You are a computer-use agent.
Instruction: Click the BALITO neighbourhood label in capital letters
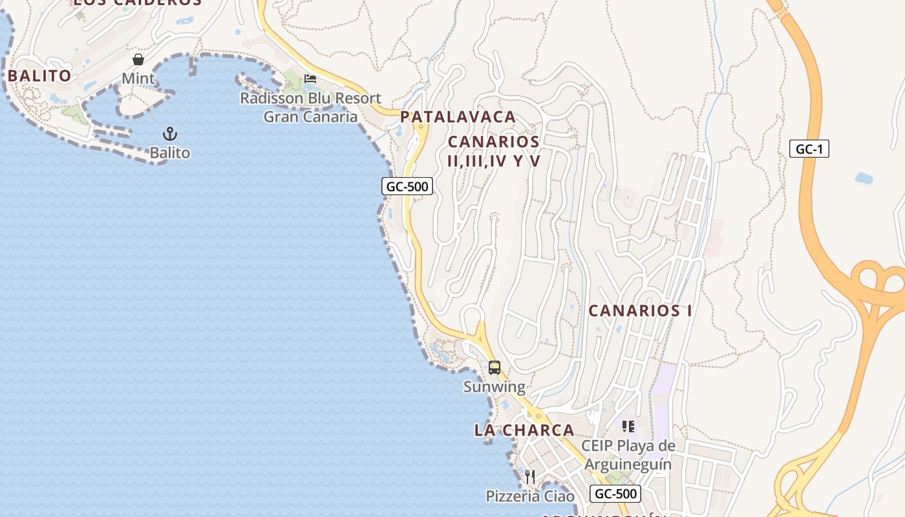39,76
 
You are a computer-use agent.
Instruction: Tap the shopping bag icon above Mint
138,59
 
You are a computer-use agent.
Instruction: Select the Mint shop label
138,79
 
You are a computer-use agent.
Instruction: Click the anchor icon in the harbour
170,134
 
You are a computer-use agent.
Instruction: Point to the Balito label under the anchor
170,153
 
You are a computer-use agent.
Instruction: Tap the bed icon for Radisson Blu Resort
310,79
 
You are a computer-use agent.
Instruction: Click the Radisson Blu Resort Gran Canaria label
310,107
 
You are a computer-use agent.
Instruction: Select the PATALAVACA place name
458,117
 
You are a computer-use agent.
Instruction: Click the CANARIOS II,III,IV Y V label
494,151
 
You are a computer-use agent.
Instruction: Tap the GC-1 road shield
809,149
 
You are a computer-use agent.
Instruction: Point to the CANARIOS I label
640,311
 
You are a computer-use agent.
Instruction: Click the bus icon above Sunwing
495,368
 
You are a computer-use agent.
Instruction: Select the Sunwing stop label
495,387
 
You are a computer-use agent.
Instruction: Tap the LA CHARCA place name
524,430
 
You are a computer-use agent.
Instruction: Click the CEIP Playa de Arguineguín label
628,455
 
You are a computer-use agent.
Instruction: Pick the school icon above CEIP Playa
628,427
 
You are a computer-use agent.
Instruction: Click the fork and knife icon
530,477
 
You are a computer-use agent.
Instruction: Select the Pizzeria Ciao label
530,496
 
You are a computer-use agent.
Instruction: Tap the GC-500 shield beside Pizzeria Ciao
615,494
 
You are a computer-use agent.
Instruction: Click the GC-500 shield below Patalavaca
407,187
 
